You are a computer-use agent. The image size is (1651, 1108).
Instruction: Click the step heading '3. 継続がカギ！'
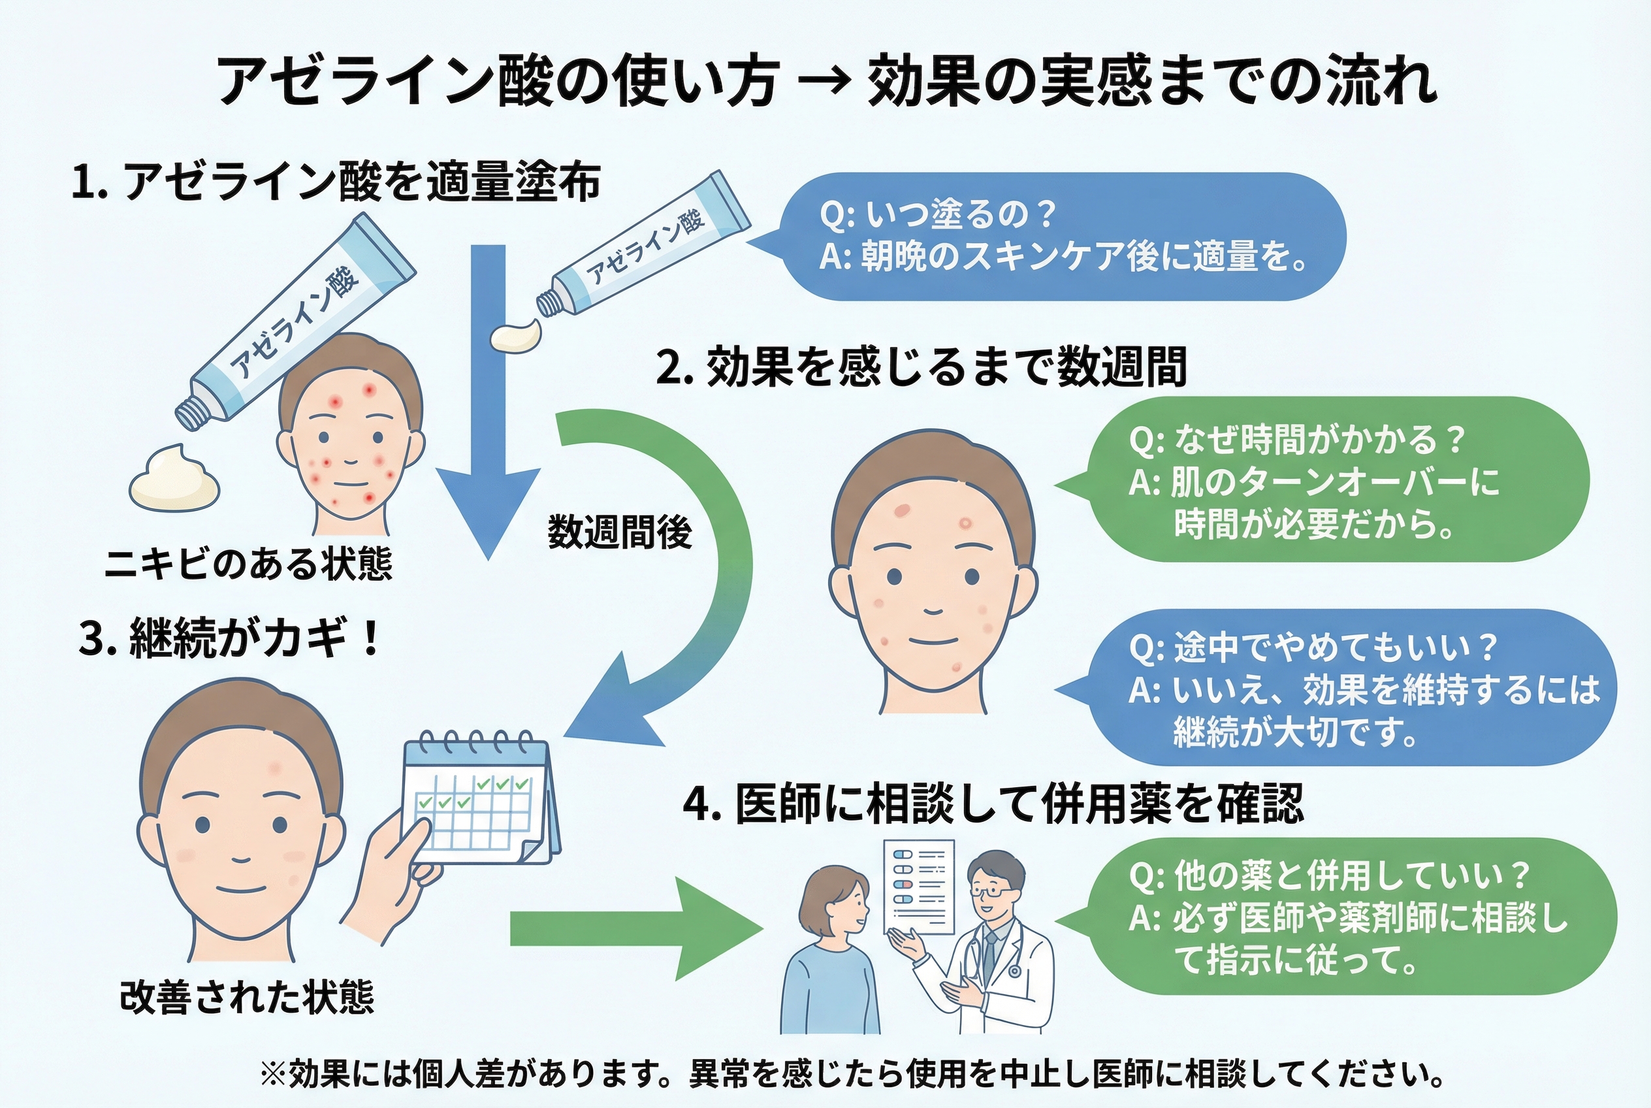click(x=231, y=638)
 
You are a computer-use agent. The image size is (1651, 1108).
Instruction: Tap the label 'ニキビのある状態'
click(x=248, y=564)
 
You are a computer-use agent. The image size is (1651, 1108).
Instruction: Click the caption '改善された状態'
click(x=247, y=997)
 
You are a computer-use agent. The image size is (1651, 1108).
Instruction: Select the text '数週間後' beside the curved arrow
click(x=620, y=531)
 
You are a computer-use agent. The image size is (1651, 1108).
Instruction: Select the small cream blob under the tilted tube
click(x=517, y=335)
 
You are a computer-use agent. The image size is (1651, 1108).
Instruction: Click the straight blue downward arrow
click(x=488, y=396)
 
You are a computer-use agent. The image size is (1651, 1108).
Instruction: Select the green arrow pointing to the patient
click(x=636, y=928)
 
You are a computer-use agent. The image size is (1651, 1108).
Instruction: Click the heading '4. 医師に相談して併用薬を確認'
click(x=993, y=804)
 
